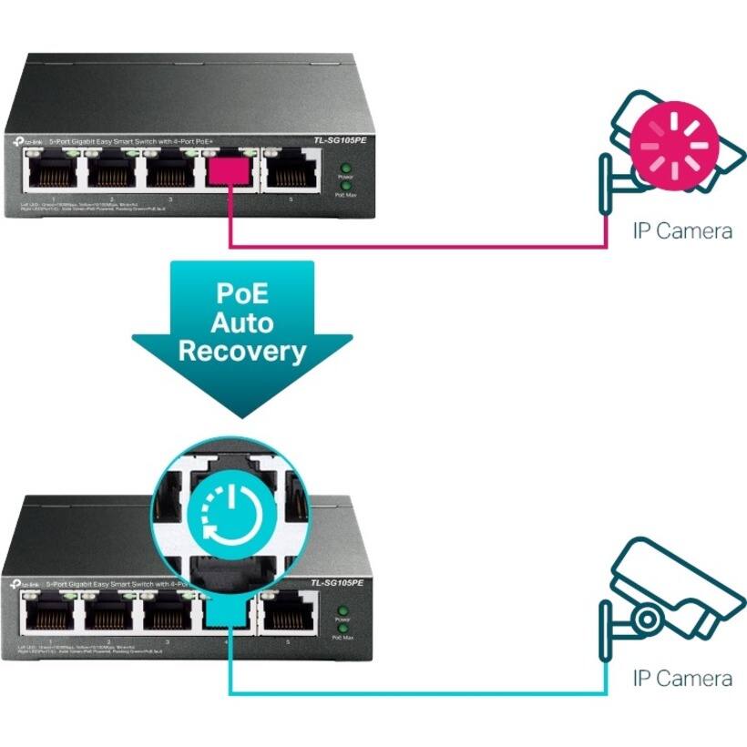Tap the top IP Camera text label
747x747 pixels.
pos(682,231)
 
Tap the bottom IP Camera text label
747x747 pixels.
pos(682,679)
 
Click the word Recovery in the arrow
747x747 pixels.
pos(241,352)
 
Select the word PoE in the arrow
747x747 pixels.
pos(241,294)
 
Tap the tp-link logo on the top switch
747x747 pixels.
pos(27,142)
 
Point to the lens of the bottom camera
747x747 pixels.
pos(648,619)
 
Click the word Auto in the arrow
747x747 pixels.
pos(241,322)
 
